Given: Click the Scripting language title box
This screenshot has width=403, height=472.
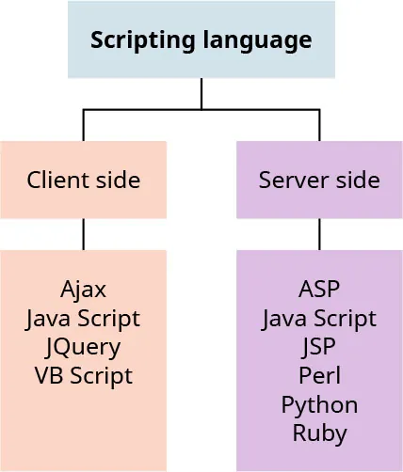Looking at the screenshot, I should pyautogui.click(x=201, y=40).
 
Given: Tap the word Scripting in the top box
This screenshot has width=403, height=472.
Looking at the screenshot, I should pyautogui.click(x=133, y=41).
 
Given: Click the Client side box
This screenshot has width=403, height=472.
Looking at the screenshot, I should pyautogui.click(x=84, y=180).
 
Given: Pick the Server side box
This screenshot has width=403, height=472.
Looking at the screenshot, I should pyautogui.click(x=319, y=180).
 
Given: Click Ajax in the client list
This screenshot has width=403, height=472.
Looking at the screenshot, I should pyautogui.click(x=83, y=289).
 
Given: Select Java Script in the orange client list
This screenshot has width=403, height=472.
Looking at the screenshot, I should pyautogui.click(x=83, y=318).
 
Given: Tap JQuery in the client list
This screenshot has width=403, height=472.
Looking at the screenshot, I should pyautogui.click(x=83, y=347).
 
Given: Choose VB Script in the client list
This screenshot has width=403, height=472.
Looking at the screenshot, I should pyautogui.click(x=83, y=375).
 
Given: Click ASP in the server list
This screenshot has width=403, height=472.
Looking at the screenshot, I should pyautogui.click(x=319, y=289).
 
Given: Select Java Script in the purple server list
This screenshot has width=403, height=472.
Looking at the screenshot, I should pyautogui.click(x=319, y=318).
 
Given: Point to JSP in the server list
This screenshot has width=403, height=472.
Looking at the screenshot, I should pyautogui.click(x=319, y=347).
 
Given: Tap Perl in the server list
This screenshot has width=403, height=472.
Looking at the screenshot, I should pyautogui.click(x=319, y=375).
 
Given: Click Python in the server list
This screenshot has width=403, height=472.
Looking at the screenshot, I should pyautogui.click(x=319, y=404).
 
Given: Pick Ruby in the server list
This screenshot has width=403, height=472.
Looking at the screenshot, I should pyautogui.click(x=319, y=433).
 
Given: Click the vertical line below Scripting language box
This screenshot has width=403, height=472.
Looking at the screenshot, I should pyautogui.click(x=201, y=93).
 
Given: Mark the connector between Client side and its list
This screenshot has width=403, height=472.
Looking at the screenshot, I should pyautogui.click(x=84, y=234).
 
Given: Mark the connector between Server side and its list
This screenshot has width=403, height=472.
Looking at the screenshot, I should pyautogui.click(x=319, y=234).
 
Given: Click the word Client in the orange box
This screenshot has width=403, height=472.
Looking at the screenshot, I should pyautogui.click(x=54, y=180).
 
